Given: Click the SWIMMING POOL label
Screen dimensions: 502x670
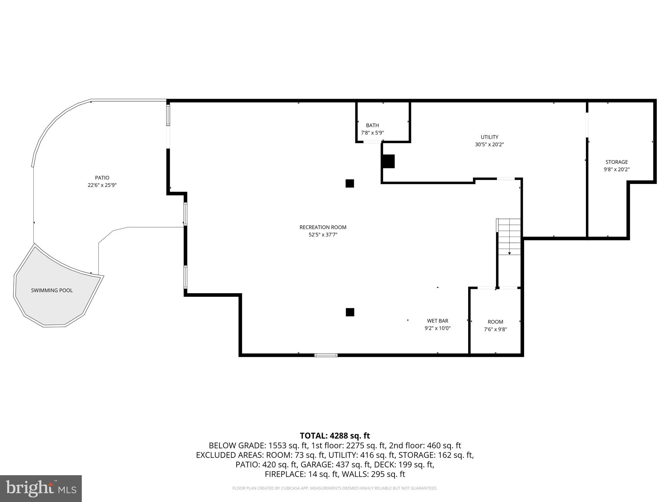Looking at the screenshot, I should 52,290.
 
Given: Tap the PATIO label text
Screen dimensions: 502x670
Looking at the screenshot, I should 102,178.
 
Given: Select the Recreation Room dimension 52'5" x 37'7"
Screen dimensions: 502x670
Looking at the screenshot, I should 323,235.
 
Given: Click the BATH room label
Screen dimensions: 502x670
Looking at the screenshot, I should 372,125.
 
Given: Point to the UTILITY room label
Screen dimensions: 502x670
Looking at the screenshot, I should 489,137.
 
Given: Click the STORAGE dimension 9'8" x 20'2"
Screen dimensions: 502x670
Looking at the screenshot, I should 616,170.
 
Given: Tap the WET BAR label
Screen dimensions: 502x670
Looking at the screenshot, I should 437,321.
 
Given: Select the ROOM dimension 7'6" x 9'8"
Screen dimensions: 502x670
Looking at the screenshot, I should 495,329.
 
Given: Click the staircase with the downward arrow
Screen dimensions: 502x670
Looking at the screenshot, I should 509,237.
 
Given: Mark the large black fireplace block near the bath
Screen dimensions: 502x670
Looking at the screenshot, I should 388,161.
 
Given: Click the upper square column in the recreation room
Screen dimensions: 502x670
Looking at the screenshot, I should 350,183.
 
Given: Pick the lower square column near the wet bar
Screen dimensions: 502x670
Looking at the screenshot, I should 350,312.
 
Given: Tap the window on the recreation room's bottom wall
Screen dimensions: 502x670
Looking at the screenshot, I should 326,355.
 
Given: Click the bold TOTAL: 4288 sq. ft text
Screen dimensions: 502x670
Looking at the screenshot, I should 335,436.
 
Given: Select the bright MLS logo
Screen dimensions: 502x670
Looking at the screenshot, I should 41,489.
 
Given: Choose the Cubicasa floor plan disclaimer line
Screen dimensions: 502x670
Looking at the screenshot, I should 335,488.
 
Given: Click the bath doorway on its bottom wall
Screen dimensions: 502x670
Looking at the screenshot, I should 373,142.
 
